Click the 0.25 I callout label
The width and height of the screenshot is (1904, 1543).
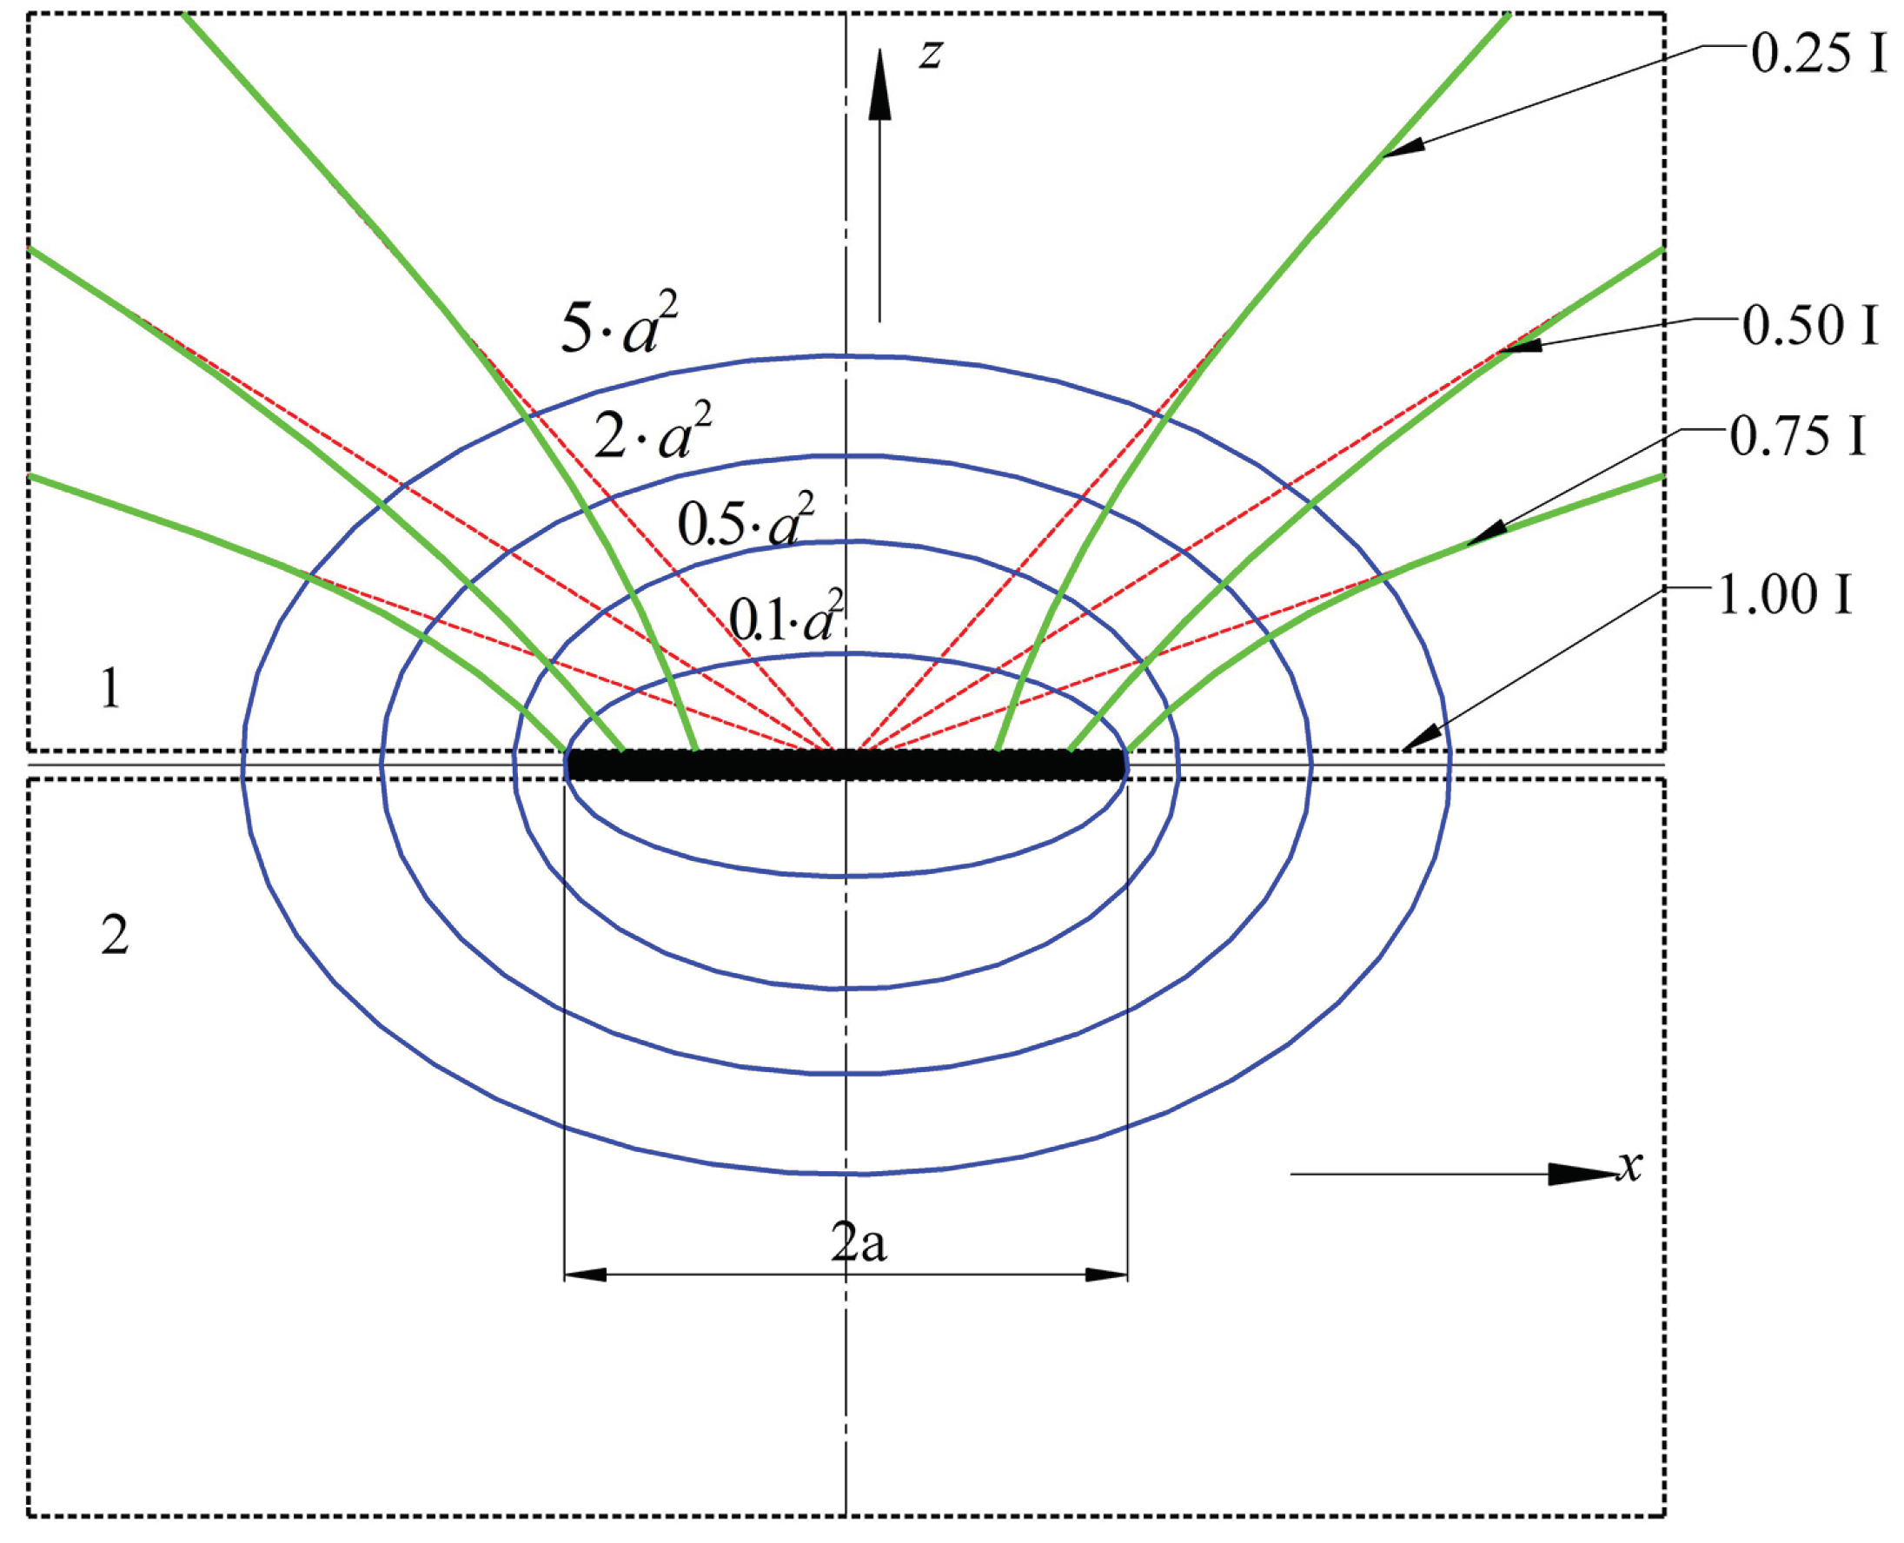click(1818, 55)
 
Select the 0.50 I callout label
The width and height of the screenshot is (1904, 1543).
click(1811, 326)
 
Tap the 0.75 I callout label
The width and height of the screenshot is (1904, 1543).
click(1796, 437)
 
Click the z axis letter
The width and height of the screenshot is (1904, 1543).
click(930, 54)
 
